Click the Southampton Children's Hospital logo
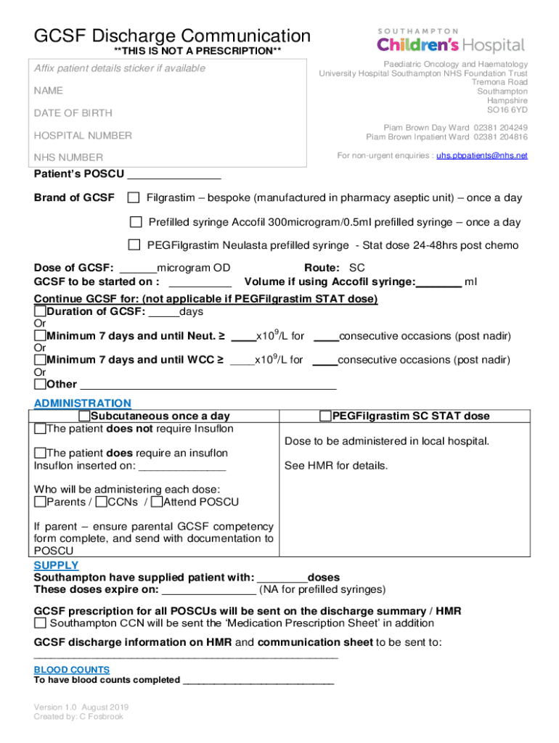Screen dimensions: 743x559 pos(450,42)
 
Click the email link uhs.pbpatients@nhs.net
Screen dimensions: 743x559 pos(482,155)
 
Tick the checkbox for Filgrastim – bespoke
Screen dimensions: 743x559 pos(134,198)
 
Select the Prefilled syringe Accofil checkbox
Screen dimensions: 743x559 pos(136,222)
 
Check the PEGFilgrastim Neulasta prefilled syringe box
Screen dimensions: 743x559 pos(134,245)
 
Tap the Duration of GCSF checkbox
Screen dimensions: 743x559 pos(40,312)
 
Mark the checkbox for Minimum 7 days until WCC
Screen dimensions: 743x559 pos(40,360)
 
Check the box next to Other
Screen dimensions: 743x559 pos(40,384)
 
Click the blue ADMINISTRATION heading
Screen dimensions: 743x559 pos(83,403)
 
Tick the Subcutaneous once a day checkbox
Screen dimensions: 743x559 pos(85,416)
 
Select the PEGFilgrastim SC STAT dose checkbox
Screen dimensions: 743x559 pos(326,416)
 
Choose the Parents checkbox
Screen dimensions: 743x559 pos(40,502)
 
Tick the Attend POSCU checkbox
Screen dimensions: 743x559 pos(158,502)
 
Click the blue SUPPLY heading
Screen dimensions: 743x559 pos(56,565)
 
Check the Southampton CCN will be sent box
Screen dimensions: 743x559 pos(41,623)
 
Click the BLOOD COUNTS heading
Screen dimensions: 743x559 pos(72,670)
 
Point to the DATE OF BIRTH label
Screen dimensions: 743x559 pos(71,113)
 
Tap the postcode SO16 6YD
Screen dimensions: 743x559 pos(507,110)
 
